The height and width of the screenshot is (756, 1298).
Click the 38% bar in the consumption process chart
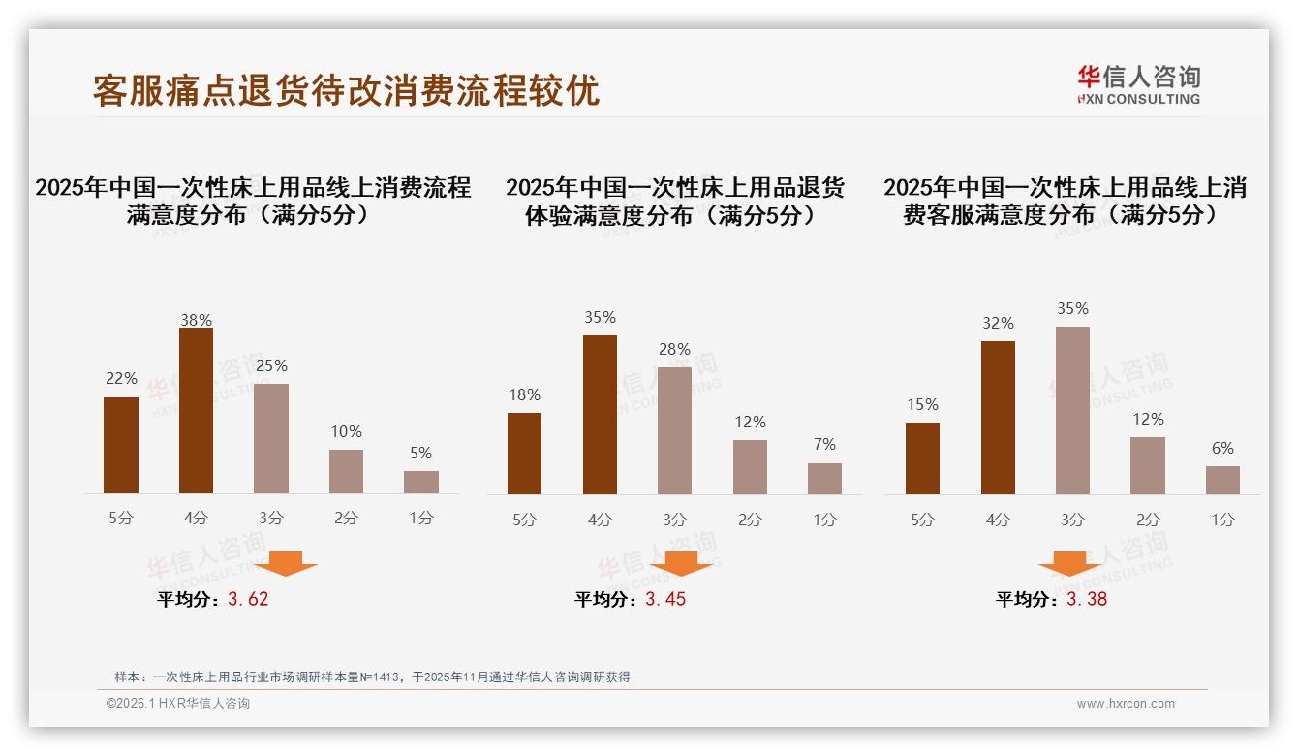click(196, 411)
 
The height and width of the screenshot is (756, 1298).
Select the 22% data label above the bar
click(121, 378)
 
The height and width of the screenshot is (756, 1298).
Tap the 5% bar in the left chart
click(421, 482)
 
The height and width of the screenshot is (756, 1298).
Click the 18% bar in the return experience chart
click(524, 454)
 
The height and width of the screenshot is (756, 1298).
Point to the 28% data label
click(674, 349)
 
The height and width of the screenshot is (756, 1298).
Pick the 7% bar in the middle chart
click(824, 478)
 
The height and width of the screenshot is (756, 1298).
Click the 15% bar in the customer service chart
click(922, 458)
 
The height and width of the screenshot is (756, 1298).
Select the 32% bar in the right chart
click(998, 418)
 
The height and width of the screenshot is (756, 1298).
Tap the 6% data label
click(1222, 448)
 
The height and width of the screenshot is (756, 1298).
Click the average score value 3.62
click(248, 599)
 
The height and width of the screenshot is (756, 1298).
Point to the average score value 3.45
click(665, 599)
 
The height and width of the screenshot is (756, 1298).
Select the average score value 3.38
click(1087, 599)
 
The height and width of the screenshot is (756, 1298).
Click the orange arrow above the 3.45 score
click(681, 563)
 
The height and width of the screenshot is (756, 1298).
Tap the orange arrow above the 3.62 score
click(286, 563)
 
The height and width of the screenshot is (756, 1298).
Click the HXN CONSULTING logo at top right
click(1138, 85)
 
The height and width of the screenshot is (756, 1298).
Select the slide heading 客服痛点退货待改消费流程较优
click(346, 90)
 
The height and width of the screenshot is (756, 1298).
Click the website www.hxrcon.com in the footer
click(1126, 704)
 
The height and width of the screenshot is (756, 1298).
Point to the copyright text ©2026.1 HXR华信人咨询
click(178, 704)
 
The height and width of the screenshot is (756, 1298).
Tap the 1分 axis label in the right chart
click(1222, 520)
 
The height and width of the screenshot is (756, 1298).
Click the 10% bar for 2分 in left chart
click(346, 471)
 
